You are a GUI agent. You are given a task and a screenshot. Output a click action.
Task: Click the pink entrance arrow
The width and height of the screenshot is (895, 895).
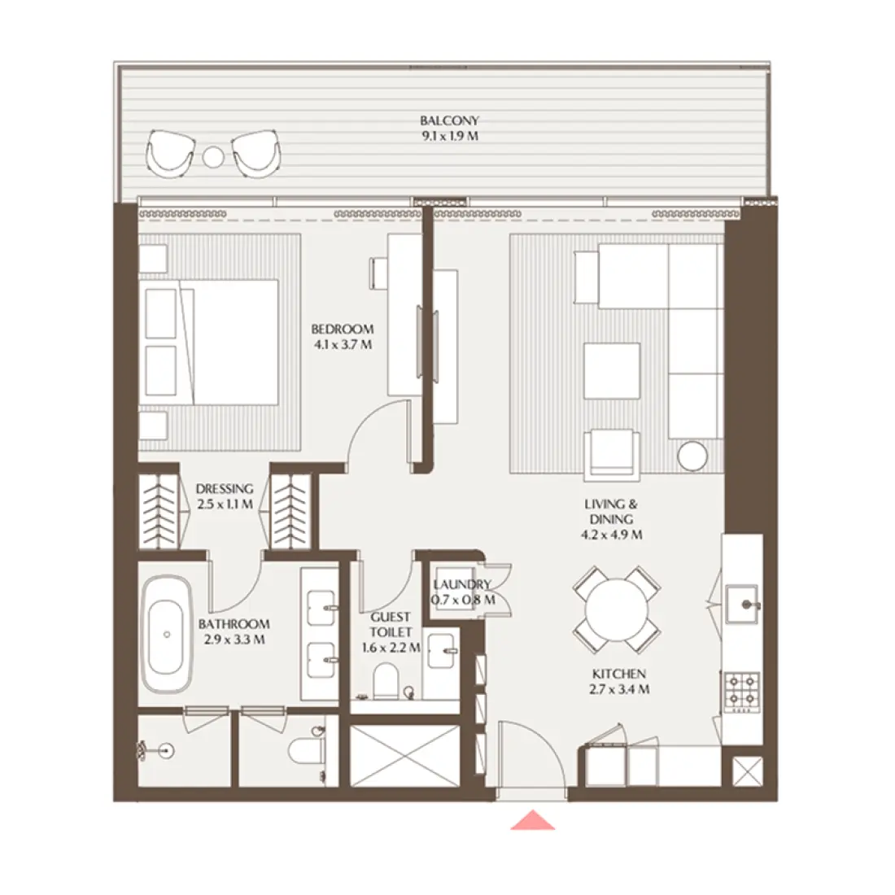pos(533,820)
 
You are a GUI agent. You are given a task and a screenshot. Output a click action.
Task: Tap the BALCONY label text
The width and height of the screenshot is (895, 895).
pos(449,120)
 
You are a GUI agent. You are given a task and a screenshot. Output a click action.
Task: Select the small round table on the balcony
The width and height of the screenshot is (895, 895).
pos(213,157)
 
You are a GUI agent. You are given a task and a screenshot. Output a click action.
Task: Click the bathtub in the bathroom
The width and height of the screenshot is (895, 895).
pos(167,634)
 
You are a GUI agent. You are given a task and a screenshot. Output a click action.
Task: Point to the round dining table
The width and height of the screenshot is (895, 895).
pos(617,609)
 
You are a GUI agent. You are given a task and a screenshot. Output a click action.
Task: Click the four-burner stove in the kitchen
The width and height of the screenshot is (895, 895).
pos(742,692)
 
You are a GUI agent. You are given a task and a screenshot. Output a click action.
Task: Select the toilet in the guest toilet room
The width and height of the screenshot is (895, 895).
pos(386,680)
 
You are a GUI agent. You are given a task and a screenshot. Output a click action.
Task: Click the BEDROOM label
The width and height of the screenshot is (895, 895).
pos(343,329)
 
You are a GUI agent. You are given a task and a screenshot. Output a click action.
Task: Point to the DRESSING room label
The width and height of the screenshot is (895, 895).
pos(225,489)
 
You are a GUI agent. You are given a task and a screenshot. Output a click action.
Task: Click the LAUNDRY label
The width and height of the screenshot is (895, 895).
pos(462,584)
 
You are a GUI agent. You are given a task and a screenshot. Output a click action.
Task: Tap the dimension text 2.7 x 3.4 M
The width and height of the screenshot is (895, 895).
pos(619,689)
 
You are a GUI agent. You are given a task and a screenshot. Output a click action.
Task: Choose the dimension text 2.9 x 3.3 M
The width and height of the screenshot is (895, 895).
pos(234,640)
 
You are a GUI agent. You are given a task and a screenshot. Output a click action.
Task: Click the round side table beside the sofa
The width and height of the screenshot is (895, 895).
pos(692,456)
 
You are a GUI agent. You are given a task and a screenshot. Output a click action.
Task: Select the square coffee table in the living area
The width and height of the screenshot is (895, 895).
pos(612,370)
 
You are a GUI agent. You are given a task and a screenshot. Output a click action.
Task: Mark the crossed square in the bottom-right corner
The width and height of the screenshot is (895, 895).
pos(747,771)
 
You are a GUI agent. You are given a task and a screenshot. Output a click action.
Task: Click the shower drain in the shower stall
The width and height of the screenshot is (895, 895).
pos(166,751)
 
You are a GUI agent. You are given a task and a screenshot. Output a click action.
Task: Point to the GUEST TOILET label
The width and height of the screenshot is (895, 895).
pos(391,624)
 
